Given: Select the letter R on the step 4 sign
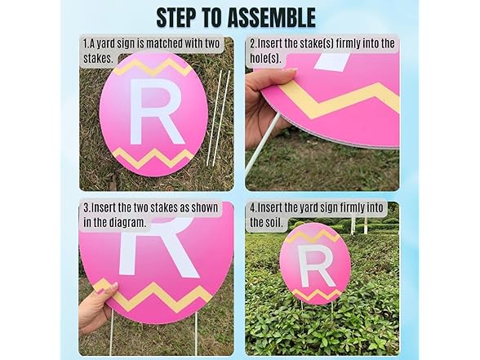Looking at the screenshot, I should point(314,267).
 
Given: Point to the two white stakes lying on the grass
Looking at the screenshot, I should point(218,118).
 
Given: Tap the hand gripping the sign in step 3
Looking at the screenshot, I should point(96,308).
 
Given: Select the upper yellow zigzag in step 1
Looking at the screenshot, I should point(153,66).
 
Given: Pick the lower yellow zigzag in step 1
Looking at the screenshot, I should point(153,157).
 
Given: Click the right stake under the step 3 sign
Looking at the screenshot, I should point(196,335).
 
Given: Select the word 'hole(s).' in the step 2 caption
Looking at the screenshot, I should point(268,58).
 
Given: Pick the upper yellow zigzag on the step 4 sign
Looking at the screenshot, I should point(315,236).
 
